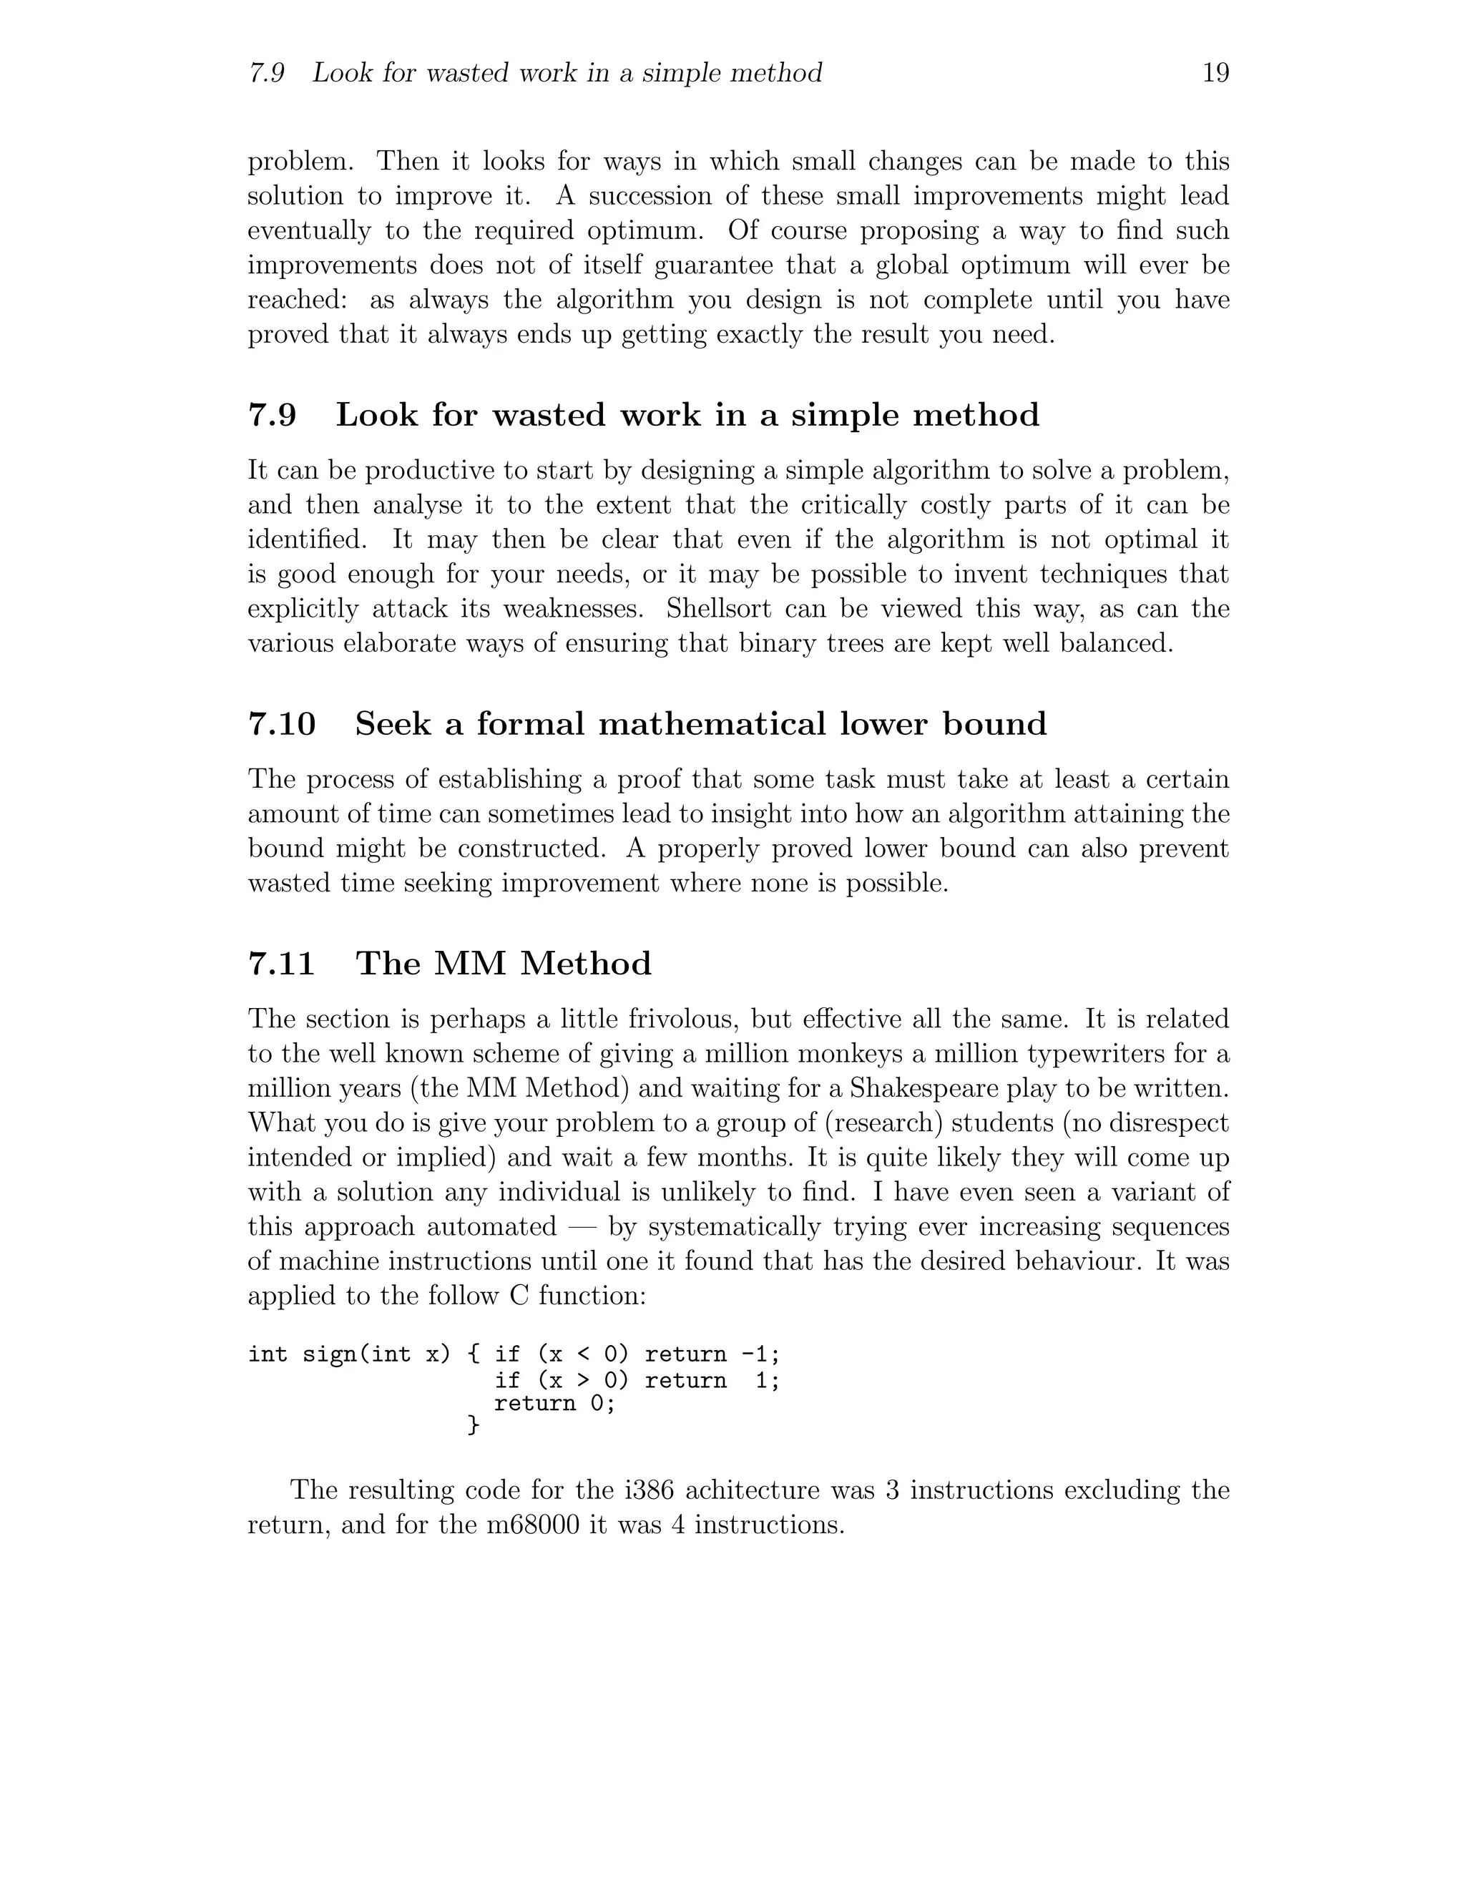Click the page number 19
pos(1215,73)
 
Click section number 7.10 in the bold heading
pos(282,724)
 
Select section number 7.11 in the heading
pos(281,964)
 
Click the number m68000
pos(533,1525)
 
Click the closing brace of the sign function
pos(473,1425)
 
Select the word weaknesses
pos(570,610)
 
